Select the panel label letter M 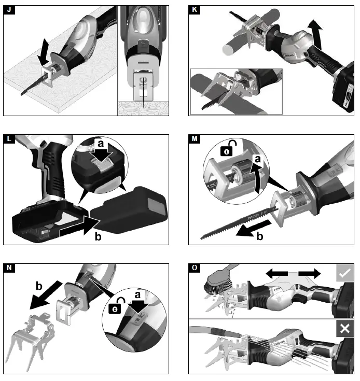pyautogui.click(x=195, y=139)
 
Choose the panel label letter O pyautogui.click(x=195, y=268)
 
